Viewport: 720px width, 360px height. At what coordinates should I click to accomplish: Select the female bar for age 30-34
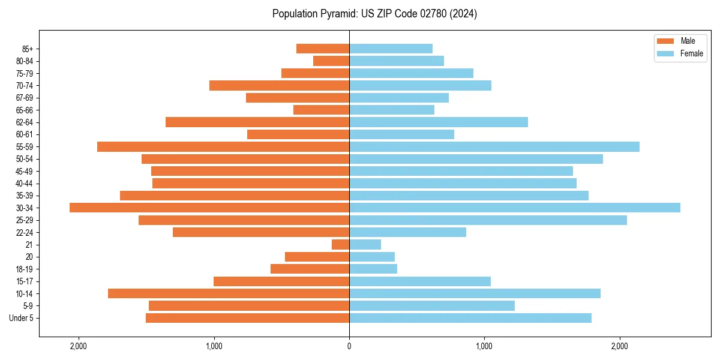(x=514, y=208)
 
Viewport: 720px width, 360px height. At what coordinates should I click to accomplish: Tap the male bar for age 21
(x=340, y=244)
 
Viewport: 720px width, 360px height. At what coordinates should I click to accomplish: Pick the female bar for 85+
(x=391, y=49)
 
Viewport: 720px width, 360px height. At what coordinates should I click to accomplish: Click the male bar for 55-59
(x=223, y=146)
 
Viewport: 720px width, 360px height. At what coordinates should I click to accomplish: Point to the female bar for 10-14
(x=475, y=293)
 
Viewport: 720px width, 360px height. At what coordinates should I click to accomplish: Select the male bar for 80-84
(x=331, y=61)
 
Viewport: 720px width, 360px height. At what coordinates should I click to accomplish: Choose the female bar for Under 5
(x=470, y=318)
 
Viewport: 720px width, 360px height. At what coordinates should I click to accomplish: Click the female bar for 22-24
(x=407, y=232)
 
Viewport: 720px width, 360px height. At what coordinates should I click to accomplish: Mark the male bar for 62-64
(x=257, y=122)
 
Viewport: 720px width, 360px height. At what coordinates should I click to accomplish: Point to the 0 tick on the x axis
(x=349, y=346)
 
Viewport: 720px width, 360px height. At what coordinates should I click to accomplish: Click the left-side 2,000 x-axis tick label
(x=79, y=346)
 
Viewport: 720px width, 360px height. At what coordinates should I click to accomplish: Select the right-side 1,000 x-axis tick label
(x=484, y=346)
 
